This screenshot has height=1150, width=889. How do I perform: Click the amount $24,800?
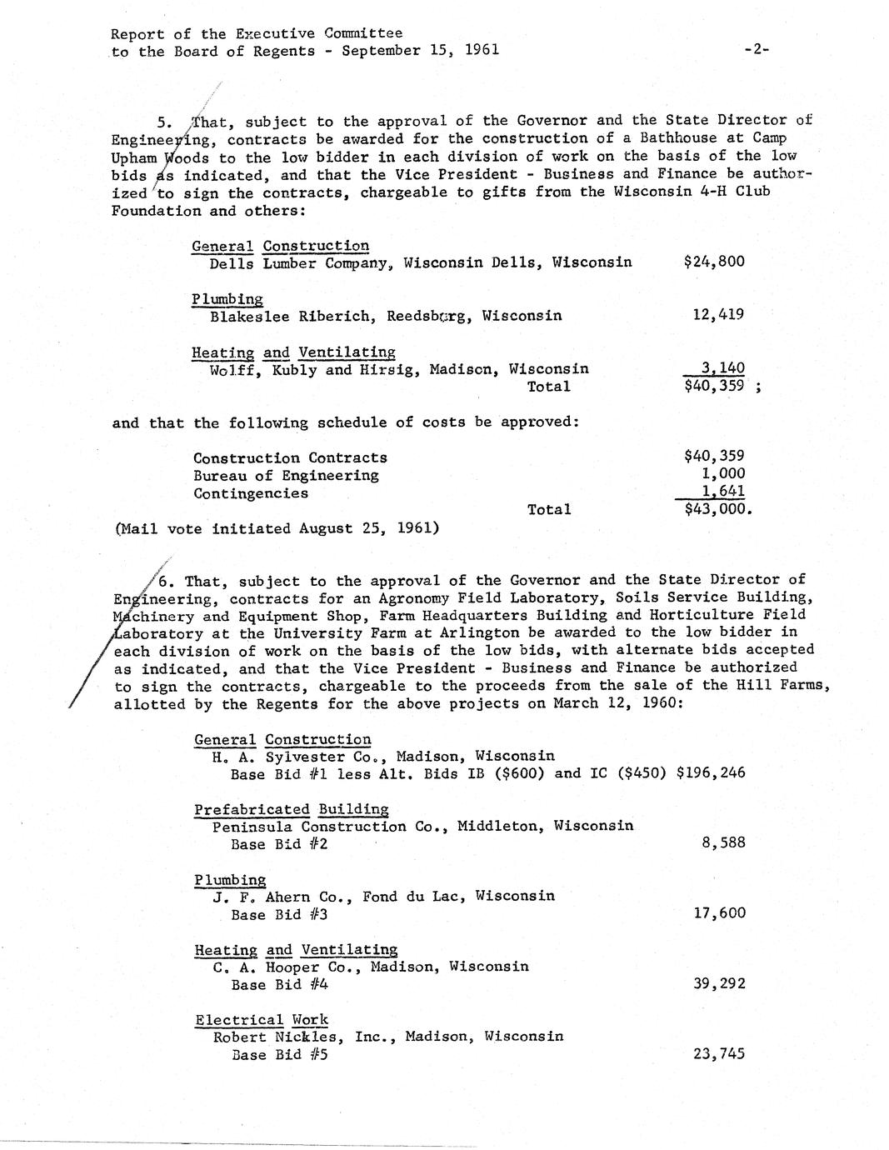point(713,262)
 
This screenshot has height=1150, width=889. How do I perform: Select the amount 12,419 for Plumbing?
point(718,315)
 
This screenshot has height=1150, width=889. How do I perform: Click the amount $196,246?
point(711,772)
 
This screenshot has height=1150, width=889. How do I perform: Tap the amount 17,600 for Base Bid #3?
point(719,913)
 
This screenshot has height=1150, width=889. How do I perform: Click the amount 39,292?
point(719,984)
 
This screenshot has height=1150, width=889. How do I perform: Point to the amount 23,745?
point(719,1054)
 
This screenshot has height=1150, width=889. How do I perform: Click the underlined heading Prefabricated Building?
point(292,809)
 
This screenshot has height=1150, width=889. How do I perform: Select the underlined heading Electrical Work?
point(262,1020)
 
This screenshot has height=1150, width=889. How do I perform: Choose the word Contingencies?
point(250,493)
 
